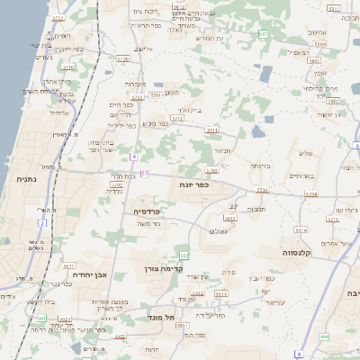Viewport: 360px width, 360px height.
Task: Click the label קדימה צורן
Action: coord(163,268)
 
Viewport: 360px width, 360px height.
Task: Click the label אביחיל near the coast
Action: coord(60,112)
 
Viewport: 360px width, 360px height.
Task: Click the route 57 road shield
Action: coord(145,173)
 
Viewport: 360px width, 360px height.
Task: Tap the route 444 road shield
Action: coord(324,336)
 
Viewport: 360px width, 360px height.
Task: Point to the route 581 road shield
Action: coord(264,33)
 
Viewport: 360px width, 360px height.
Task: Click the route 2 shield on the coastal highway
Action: coord(42,211)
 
